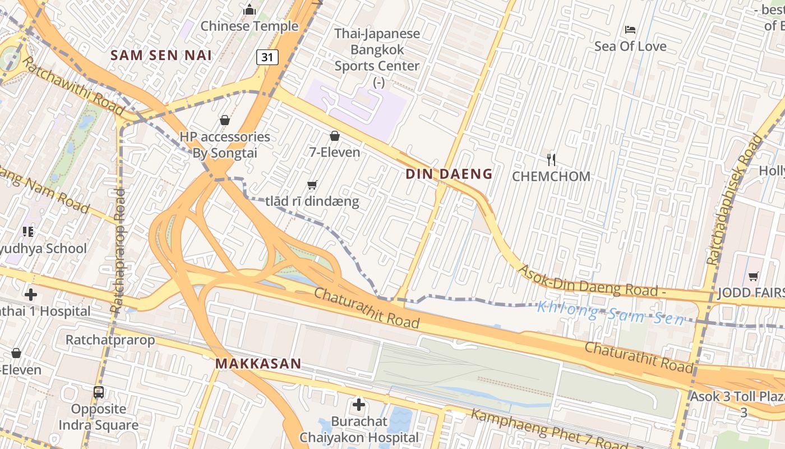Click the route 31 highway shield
coord(268,57)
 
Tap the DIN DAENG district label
coord(449,174)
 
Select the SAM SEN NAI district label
coord(161,55)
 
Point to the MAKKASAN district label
coord(258,364)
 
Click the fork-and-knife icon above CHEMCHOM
coord(551,160)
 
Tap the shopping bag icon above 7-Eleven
coord(335,136)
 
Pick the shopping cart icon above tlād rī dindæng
coord(312,185)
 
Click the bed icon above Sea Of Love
coord(630,29)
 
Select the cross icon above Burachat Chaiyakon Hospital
coord(359,404)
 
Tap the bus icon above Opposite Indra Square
coord(99,392)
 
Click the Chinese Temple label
coord(250,26)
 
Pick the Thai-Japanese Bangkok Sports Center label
coord(377,50)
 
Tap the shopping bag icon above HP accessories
coord(224,120)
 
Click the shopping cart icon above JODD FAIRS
coord(754,276)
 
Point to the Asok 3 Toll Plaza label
coord(737,397)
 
